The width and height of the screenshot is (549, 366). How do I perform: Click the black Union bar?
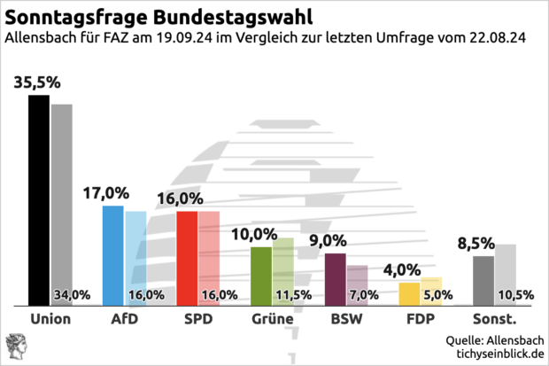[x=39, y=199]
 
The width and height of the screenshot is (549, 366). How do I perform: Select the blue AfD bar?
[x=112, y=255]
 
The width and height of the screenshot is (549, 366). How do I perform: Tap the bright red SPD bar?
[x=187, y=258]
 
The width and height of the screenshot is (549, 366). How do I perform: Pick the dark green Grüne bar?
[x=261, y=276]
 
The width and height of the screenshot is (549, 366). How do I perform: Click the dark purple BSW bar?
[x=335, y=279]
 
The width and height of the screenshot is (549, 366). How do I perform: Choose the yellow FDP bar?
[x=409, y=293]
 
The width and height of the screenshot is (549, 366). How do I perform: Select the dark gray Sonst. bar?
[x=483, y=280]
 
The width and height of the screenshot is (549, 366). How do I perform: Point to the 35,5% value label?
[x=37, y=82]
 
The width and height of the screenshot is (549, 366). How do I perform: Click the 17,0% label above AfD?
[x=106, y=193]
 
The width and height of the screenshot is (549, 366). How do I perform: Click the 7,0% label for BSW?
[x=365, y=295]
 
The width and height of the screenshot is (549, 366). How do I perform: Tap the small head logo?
[x=16, y=346]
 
